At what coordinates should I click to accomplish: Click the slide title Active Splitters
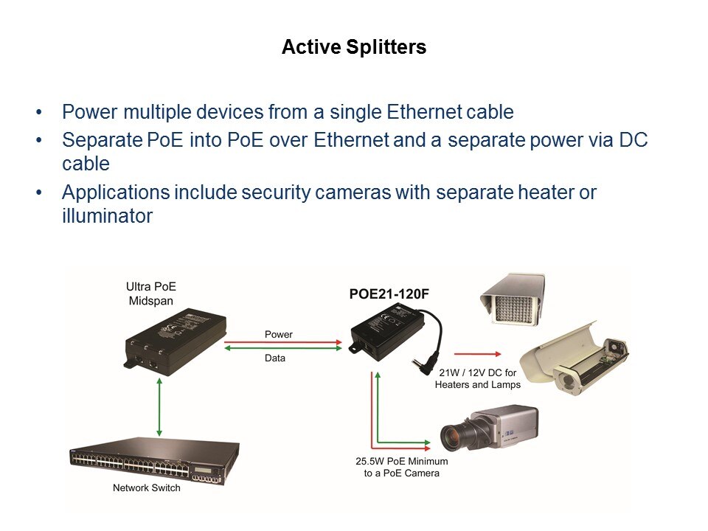tap(354, 48)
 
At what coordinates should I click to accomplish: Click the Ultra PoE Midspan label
tap(152, 292)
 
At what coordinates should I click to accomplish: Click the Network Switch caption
tap(146, 488)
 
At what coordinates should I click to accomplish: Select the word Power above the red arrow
tap(278, 335)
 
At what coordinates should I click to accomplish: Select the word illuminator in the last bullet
tap(107, 216)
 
